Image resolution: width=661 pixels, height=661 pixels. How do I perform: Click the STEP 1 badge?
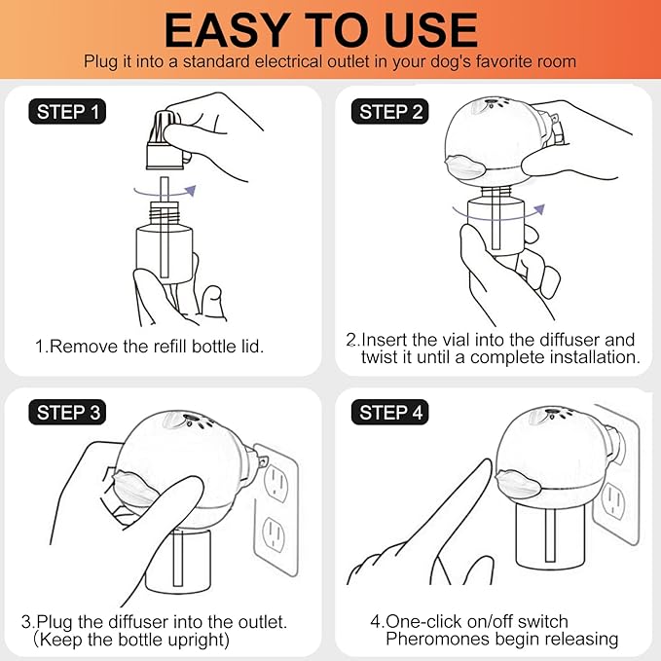click(x=67, y=112)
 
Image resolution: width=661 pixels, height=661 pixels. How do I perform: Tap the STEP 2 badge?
click(x=390, y=112)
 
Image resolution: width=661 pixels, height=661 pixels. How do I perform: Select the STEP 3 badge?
click(x=67, y=413)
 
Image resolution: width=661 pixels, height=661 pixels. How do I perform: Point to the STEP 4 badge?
click(x=390, y=413)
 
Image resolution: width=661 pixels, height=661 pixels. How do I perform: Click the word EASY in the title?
click(x=228, y=30)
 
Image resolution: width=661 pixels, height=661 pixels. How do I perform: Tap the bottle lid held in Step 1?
click(x=165, y=140)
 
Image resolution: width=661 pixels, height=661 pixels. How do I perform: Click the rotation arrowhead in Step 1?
click(x=191, y=191)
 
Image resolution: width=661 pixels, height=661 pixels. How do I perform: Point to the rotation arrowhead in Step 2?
click(x=539, y=209)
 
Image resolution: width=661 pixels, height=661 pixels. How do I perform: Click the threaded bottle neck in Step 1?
click(x=165, y=213)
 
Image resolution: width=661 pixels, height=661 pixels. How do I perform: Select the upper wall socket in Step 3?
click(x=276, y=482)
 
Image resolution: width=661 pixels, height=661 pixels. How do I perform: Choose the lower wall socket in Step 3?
click(x=274, y=534)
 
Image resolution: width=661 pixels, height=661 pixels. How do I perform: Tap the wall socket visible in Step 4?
click(x=613, y=501)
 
